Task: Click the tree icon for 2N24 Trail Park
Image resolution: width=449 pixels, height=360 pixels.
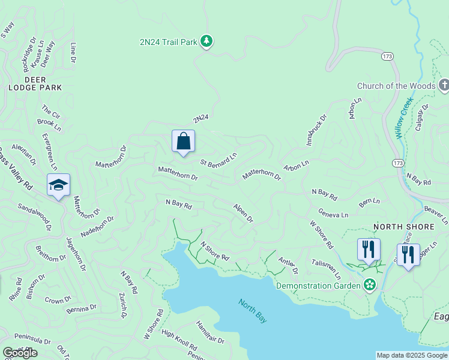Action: (x=207, y=41)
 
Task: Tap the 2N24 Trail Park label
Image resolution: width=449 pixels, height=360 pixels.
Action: (x=169, y=41)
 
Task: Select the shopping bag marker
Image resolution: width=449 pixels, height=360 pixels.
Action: (x=183, y=142)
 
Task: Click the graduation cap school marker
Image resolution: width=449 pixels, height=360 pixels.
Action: (x=58, y=185)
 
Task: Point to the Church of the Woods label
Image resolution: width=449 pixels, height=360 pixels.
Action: (x=396, y=86)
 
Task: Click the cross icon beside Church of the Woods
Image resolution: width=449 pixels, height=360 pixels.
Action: (x=444, y=85)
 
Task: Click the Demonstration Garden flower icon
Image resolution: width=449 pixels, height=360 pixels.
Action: (x=370, y=284)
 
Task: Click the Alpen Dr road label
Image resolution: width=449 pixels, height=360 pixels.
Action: (x=243, y=212)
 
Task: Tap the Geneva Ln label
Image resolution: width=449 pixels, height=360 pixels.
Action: (x=333, y=214)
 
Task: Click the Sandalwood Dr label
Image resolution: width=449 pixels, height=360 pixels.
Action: (x=35, y=217)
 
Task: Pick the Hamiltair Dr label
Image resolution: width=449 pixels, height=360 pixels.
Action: (x=209, y=331)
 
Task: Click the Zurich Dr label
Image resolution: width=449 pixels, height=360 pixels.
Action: (x=122, y=305)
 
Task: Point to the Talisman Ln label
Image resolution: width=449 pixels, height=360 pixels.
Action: (x=326, y=270)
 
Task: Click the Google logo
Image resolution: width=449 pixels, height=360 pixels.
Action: (x=20, y=352)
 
